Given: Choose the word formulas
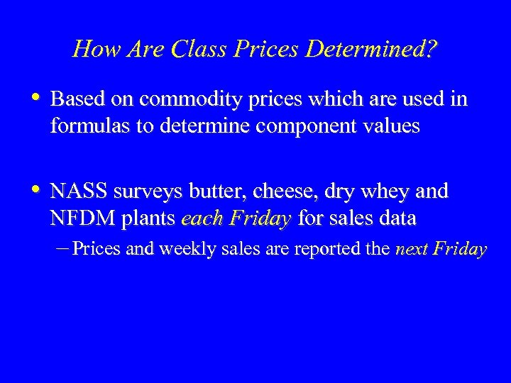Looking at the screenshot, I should (x=84, y=126).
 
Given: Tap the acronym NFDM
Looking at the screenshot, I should (x=82, y=218).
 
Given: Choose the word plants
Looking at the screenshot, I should (x=148, y=218).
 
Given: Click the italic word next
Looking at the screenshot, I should (x=411, y=249).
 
